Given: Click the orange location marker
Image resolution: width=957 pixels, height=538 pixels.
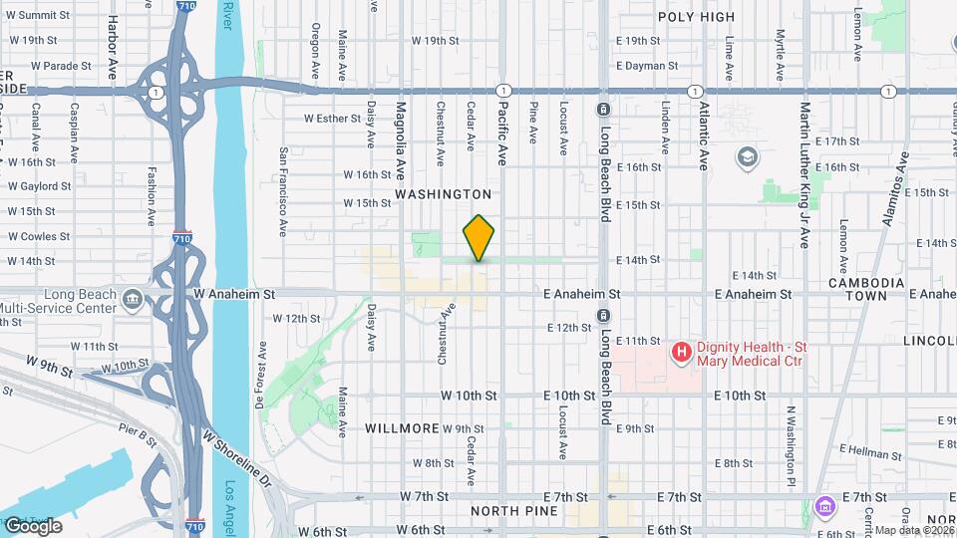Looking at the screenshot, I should pos(479,237).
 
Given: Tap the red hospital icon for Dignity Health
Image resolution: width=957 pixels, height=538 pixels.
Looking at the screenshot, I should pos(682,351).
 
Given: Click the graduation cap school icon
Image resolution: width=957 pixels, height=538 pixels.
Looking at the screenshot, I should pos(747,157).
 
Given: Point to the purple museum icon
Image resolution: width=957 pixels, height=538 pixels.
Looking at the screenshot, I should pos(822,507).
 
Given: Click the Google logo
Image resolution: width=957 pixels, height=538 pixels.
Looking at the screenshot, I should pos(33,526).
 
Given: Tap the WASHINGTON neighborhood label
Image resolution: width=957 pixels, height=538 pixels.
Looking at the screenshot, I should pos(443,194).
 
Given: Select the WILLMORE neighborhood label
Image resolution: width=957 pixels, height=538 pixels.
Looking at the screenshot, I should pos(402,428).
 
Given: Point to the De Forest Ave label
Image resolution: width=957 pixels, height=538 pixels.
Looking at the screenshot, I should pos(260,378).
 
